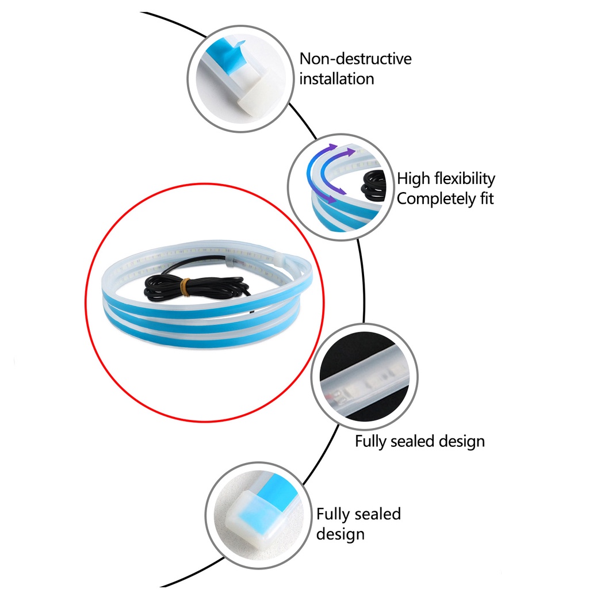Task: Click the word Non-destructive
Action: pyautogui.click(x=355, y=59)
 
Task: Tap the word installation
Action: pyautogui.click(x=336, y=79)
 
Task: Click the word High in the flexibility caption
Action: pyautogui.click(x=412, y=178)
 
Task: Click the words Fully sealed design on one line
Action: pyautogui.click(x=420, y=442)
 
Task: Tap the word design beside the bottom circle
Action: pyautogui.click(x=341, y=534)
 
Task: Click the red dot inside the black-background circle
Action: pyautogui.click(x=332, y=397)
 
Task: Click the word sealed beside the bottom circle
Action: pyautogui.click(x=378, y=514)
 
